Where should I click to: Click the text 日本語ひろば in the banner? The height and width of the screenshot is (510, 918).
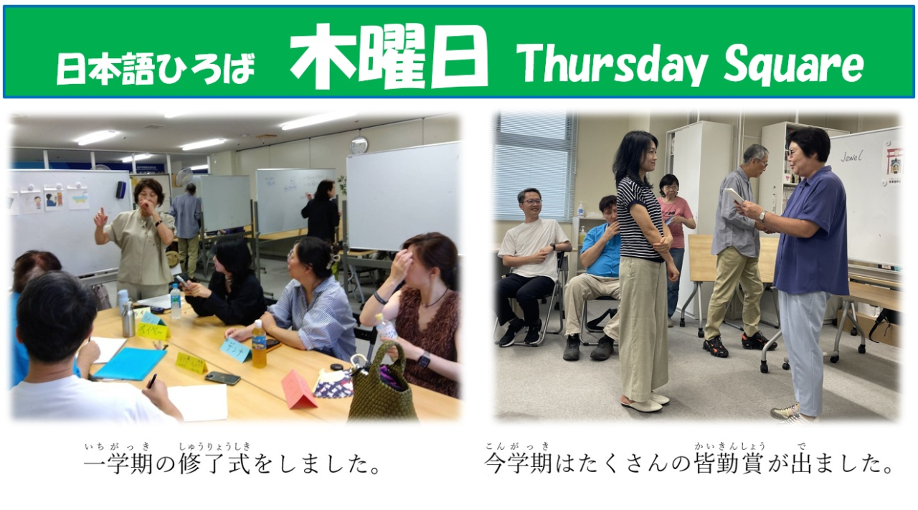pyautogui.click(x=156, y=69)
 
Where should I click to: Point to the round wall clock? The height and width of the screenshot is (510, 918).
pyautogui.click(x=359, y=145)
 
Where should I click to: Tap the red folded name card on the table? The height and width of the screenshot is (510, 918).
pyautogui.click(x=298, y=390)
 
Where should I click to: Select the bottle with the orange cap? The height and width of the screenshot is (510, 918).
pyautogui.click(x=259, y=344)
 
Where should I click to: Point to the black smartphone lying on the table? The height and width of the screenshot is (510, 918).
pyautogui.click(x=222, y=377)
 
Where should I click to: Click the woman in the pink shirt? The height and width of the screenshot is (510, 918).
pyautogui.click(x=674, y=230)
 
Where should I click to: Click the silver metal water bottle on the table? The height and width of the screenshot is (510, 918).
pyautogui.click(x=128, y=318)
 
